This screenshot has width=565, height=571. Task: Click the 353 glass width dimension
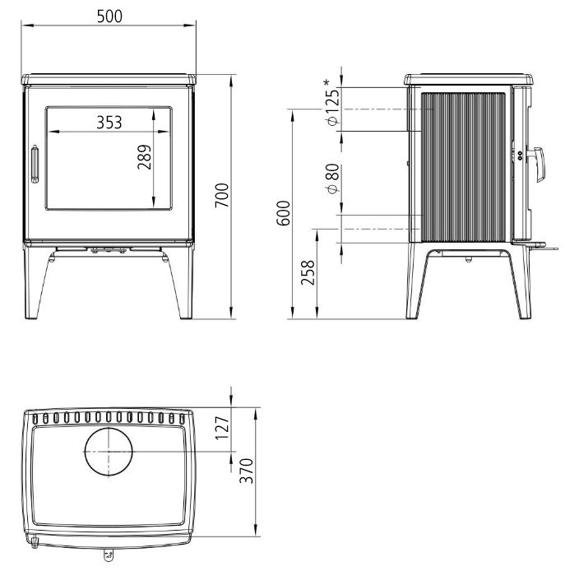click(109, 123)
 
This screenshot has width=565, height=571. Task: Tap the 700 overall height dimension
click(222, 195)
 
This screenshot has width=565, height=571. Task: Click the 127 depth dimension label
click(220, 428)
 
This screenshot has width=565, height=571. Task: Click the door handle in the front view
click(35, 162)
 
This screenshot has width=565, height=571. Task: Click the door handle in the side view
click(535, 164)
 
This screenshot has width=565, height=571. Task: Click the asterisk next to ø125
click(328, 82)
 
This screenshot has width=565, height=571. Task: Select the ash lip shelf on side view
click(533, 244)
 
